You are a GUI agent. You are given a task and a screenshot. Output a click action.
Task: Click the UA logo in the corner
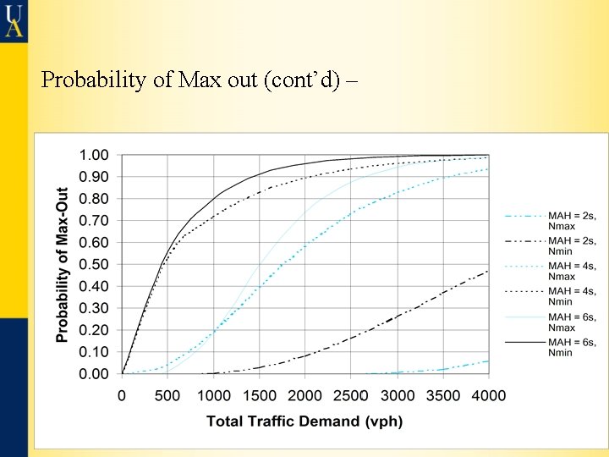tap(14, 19)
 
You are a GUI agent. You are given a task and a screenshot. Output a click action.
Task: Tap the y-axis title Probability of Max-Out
tap(62, 264)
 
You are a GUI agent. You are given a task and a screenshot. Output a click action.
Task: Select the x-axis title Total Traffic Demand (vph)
tap(304, 421)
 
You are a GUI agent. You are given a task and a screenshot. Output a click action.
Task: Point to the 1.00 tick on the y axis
tap(93, 155)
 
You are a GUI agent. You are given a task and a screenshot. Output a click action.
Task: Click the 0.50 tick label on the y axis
tap(93, 264)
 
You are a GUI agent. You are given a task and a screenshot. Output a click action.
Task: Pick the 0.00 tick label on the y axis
tap(93, 373)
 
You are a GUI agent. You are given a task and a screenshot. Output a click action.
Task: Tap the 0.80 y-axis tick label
tap(93, 199)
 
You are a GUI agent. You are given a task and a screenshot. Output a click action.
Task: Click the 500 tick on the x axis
tap(167, 395)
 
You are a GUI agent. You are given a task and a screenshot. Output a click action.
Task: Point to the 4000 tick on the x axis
tap(489, 395)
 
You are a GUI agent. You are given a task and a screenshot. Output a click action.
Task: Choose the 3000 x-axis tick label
tap(398, 395)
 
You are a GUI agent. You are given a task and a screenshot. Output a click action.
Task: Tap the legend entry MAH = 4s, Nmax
tap(550, 271)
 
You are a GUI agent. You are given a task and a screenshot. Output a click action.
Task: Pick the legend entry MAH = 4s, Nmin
tap(550, 296)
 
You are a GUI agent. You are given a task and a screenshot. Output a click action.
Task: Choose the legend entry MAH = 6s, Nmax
tap(550, 322)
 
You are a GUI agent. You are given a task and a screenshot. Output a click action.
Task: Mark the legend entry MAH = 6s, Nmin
tap(550, 347)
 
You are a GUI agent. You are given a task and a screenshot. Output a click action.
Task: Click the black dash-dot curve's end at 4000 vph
tap(488, 271)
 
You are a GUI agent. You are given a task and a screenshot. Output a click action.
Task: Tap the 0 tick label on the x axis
tap(122, 395)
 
